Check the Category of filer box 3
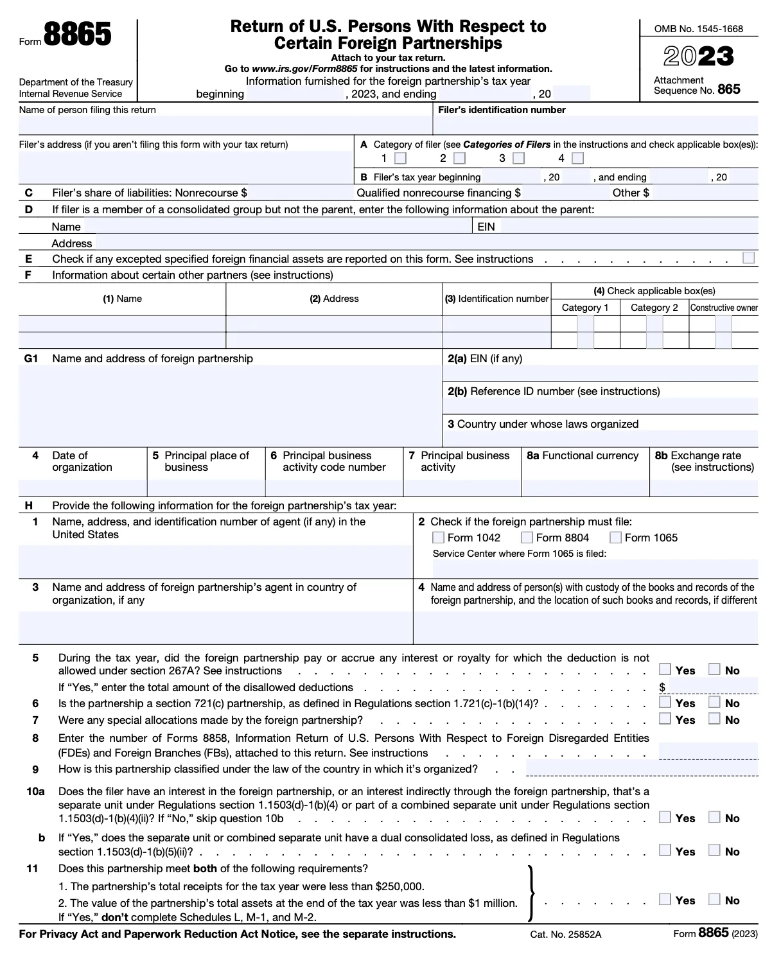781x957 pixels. pos(519,158)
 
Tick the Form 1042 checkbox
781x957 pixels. pos(438,538)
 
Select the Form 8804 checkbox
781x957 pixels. pos(527,538)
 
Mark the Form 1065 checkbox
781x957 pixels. pos(615,538)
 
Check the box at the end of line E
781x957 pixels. pos(748,258)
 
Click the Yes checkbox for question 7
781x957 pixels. pos(665,719)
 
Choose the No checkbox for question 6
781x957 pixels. pos(715,702)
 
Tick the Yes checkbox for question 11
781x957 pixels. pos(665,899)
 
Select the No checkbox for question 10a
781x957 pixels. pos(715,817)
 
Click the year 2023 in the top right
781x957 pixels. pos(698,57)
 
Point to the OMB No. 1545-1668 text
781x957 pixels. pos(698,29)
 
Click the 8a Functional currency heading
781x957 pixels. pos(583,456)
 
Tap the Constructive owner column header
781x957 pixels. pos(724,308)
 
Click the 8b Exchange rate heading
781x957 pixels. pos(705,461)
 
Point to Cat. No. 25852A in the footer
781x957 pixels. pos(566,935)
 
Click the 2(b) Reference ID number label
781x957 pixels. pos(554,391)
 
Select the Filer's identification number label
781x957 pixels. pos(502,110)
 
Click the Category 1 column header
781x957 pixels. pos(585,308)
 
